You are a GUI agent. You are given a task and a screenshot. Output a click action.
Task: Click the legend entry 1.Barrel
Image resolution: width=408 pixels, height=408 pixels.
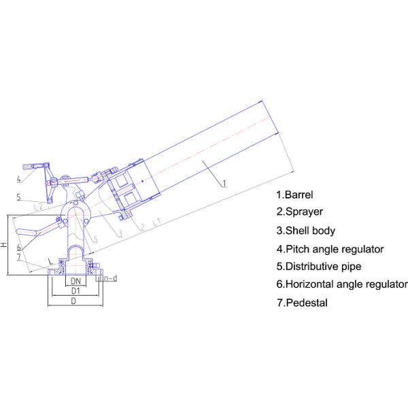294,194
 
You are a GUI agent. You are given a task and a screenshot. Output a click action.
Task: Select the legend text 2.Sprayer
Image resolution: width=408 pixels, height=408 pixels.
299,211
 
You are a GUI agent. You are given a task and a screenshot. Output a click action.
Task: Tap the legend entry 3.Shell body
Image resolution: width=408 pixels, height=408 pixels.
306,231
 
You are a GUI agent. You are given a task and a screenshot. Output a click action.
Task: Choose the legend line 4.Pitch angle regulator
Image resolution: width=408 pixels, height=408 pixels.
330,250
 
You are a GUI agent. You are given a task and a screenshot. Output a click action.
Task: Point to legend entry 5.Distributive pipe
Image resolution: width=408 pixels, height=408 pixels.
319,267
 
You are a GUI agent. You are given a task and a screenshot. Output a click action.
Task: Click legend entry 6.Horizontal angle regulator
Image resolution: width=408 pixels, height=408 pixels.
342,284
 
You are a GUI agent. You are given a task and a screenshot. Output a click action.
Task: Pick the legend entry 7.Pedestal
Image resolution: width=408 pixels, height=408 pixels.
302,303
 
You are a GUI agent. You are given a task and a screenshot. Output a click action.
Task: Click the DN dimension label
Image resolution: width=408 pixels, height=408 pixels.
75,281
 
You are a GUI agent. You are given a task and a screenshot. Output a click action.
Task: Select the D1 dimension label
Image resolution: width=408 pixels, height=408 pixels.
75,291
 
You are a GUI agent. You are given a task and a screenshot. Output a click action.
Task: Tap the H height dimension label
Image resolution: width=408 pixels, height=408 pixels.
4,245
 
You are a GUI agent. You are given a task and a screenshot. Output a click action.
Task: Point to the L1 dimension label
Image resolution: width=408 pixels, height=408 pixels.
157,222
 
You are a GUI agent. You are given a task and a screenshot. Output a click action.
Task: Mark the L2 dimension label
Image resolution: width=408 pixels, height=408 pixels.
38,207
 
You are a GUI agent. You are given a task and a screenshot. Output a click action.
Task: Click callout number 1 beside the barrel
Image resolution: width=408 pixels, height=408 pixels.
224,183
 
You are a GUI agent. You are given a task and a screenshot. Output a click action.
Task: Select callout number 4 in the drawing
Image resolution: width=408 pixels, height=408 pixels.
19,179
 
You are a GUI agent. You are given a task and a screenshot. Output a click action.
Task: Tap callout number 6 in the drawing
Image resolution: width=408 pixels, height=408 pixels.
19,248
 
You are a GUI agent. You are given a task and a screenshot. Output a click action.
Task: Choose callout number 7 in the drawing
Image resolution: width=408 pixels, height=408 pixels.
19,257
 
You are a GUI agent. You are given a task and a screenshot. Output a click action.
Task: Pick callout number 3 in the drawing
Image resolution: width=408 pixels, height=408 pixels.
120,234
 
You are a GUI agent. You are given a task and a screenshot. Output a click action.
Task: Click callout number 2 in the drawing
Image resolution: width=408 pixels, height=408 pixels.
142,227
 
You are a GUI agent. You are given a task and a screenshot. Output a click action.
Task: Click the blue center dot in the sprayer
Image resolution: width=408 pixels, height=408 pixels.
142,181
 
